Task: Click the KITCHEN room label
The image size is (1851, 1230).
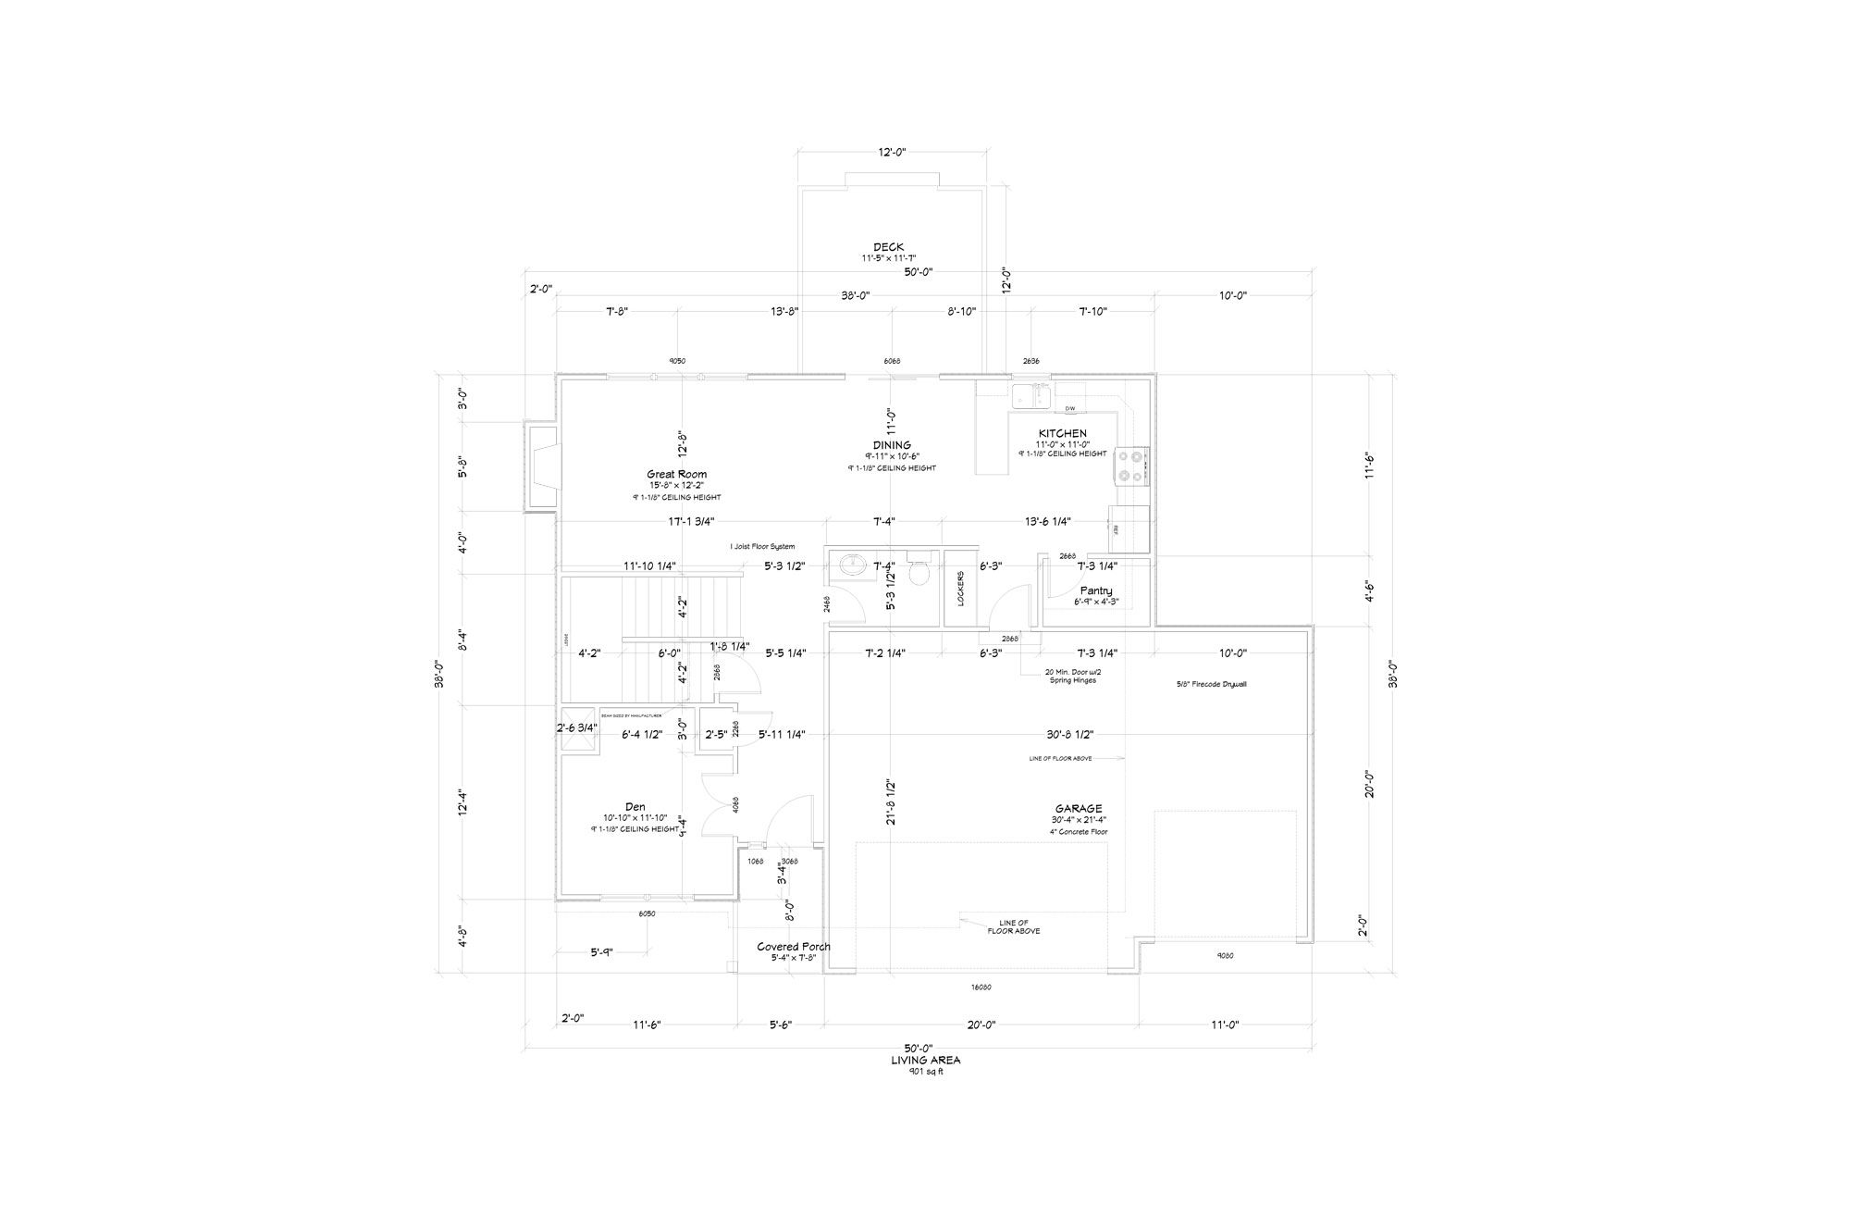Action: (x=1062, y=433)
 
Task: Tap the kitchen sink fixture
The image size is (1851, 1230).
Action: (x=1030, y=396)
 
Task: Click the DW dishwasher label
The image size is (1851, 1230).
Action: (x=1069, y=408)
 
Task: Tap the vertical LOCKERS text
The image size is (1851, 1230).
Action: (x=961, y=588)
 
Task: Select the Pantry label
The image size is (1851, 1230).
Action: (x=1096, y=590)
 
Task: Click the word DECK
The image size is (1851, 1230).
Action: (x=888, y=247)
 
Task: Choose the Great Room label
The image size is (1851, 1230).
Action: (x=676, y=475)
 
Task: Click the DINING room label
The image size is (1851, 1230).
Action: (x=892, y=445)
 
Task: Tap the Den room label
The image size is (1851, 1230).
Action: (x=635, y=807)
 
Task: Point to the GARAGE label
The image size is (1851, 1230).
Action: (x=1079, y=809)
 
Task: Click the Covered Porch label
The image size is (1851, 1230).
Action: (x=793, y=947)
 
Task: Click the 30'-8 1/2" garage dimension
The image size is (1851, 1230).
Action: (x=1069, y=735)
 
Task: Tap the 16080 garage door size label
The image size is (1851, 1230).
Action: (x=981, y=988)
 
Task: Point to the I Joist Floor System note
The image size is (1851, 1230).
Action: (x=762, y=547)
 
